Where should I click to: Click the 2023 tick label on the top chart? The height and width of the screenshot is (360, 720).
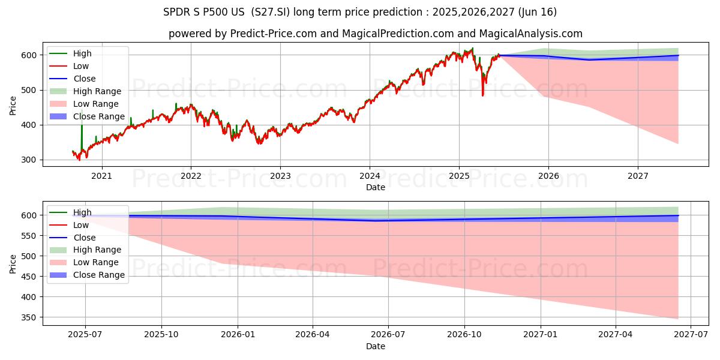click(280, 176)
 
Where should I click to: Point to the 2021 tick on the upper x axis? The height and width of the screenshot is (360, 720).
click(101, 176)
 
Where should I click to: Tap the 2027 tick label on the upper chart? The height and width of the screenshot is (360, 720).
click(638, 176)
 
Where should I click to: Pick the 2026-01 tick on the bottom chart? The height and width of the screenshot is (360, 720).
click(238, 335)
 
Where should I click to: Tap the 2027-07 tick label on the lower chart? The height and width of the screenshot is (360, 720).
click(691, 335)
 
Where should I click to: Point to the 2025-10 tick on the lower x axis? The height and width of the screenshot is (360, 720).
click(161, 335)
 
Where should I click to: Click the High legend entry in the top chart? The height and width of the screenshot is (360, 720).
click(82, 53)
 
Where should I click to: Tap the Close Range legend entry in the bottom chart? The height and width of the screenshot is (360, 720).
click(99, 275)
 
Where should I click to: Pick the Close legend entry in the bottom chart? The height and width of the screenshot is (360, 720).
click(84, 238)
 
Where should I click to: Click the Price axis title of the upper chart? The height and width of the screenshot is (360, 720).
click(13, 105)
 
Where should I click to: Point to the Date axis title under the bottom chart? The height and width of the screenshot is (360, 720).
click(376, 346)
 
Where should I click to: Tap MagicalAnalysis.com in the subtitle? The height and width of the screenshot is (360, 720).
click(532, 34)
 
